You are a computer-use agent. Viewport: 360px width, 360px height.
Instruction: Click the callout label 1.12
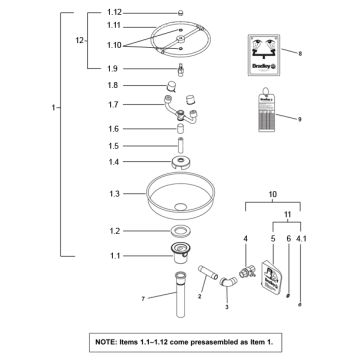[113, 11]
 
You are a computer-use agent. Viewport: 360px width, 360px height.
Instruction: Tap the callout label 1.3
[113, 192]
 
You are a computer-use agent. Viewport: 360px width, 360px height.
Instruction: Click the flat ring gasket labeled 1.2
[181, 231]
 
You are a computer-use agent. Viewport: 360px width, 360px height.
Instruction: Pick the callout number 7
[143, 298]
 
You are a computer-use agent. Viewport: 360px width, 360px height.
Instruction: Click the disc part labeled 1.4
[181, 162]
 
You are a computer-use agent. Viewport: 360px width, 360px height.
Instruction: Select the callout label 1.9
[113, 68]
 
